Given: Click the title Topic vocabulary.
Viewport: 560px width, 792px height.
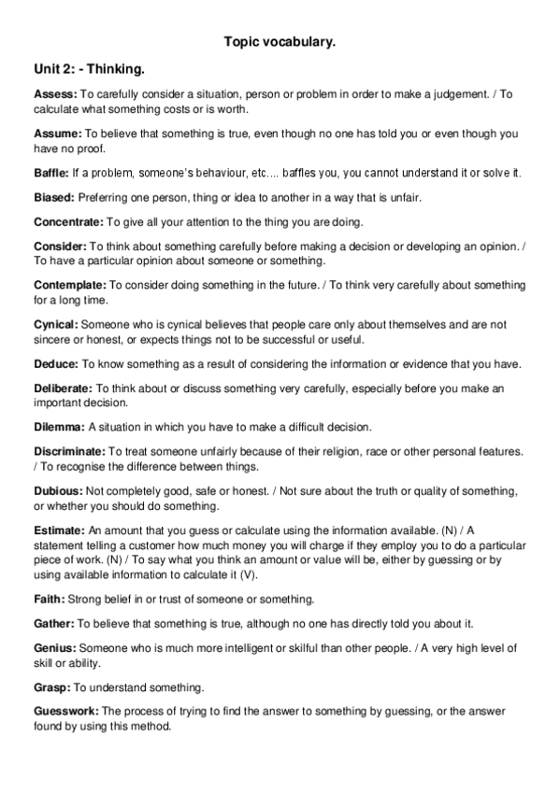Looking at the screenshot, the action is click(x=280, y=42).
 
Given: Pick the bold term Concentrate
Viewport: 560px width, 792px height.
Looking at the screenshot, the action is click(x=68, y=222).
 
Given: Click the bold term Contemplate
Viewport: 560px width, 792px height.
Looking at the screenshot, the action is click(x=70, y=285).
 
